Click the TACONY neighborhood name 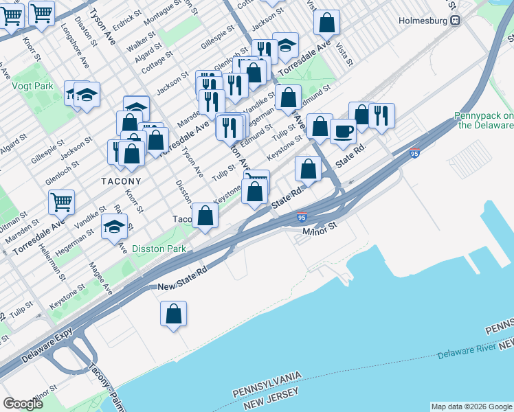(121, 181)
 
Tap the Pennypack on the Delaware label (484, 121)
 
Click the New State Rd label (183, 286)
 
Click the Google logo (23, 404)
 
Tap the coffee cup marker (343, 130)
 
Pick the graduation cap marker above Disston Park (114, 226)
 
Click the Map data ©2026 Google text (471, 407)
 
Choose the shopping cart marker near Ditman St (61, 202)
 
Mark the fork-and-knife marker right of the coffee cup (381, 115)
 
